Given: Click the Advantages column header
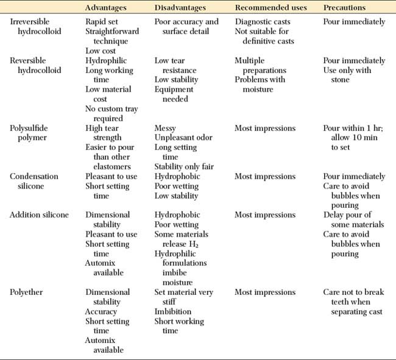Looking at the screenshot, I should coord(107,8).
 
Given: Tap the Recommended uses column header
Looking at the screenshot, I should coord(271,8).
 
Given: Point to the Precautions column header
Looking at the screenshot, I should coord(344,8).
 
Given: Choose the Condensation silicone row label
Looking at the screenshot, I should coord(35,181).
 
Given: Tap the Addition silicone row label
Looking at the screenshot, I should coord(39,215).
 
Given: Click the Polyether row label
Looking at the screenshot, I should coord(26,292).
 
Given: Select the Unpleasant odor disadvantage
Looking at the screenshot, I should coord(183,138).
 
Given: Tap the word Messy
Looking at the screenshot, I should coord(166,129).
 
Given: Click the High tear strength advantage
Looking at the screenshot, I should coord(103,133).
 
